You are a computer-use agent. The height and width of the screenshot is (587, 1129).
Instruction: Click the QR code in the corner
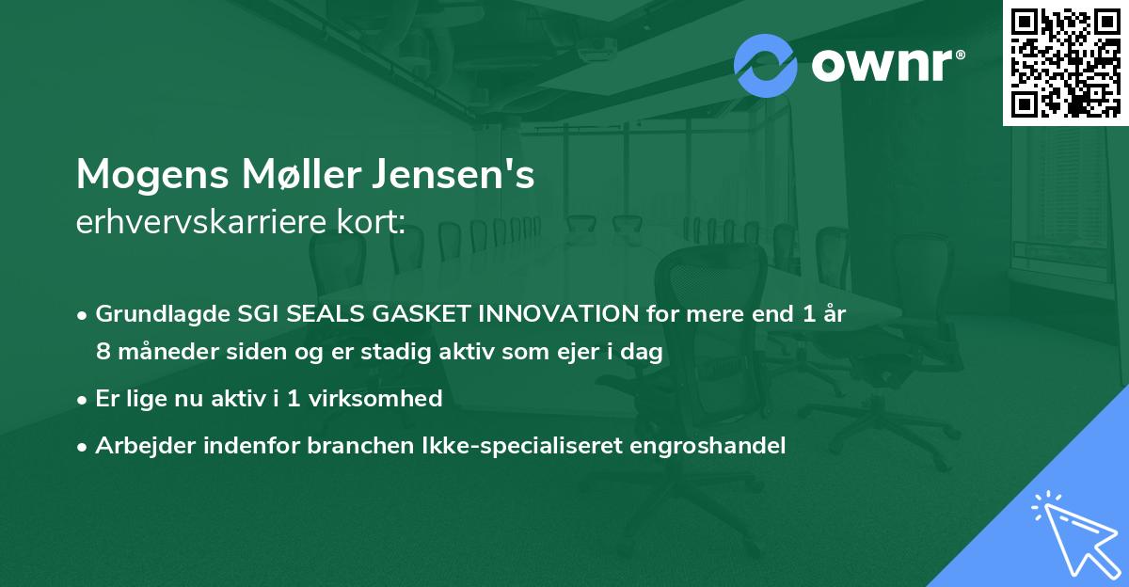tap(1065, 62)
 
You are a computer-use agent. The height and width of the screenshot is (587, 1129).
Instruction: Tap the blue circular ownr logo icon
tap(767, 65)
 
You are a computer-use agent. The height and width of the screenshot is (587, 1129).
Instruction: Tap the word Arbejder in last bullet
tap(141, 446)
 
